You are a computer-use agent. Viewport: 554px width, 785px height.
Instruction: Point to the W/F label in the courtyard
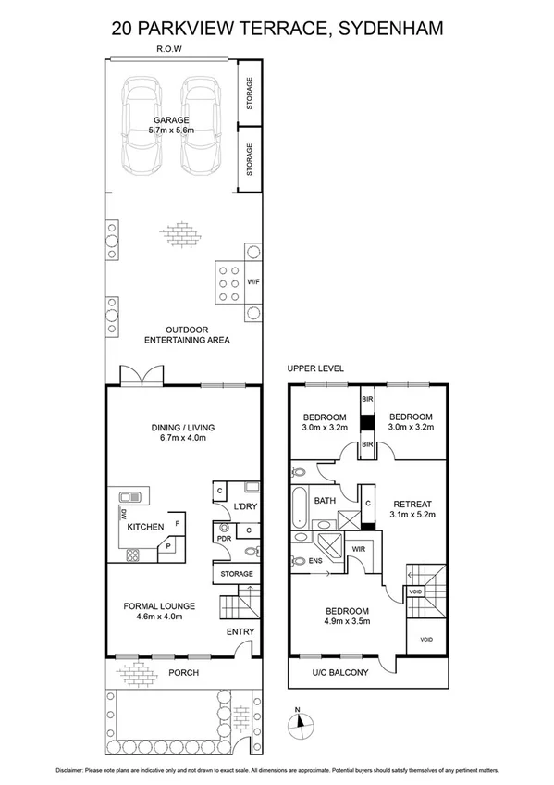[x=253, y=281]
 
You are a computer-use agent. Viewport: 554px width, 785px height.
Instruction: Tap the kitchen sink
[x=129, y=497]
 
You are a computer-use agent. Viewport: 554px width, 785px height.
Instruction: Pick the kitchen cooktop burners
[x=131, y=555]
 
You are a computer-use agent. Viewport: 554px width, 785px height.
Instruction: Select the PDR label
[x=223, y=537]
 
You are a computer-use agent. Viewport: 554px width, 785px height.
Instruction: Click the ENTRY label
[x=240, y=632]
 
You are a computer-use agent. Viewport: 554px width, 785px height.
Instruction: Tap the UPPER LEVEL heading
[x=315, y=368]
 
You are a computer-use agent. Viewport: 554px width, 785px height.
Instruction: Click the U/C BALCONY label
[x=341, y=672]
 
